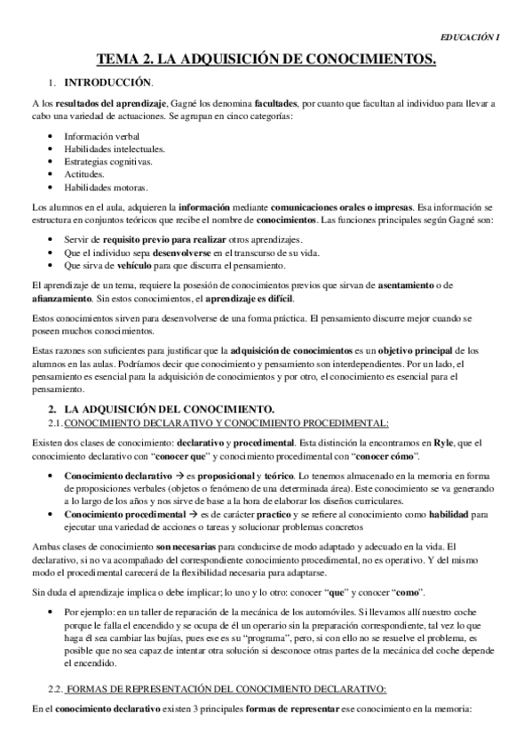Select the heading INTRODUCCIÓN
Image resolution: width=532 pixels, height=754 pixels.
[97, 83]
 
